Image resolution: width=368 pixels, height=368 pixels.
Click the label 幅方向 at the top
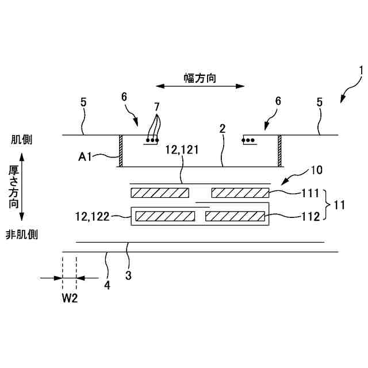pyautogui.click(x=200, y=78)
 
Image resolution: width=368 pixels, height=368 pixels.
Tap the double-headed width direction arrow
pyautogui.click(x=200, y=87)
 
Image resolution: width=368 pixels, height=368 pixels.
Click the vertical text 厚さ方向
pyautogui.click(x=14, y=187)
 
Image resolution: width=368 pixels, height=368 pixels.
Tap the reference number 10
pyautogui.click(x=317, y=170)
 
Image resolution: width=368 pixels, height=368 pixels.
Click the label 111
pyautogui.click(x=310, y=193)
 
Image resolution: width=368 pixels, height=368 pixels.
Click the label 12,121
pyautogui.click(x=182, y=150)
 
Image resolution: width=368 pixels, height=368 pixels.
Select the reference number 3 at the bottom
pyautogui.click(x=128, y=275)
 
